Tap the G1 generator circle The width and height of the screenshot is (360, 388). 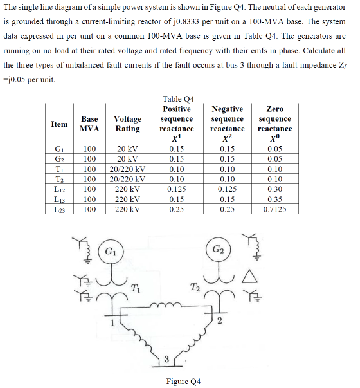(x=111, y=248)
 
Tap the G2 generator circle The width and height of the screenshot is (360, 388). (x=218, y=248)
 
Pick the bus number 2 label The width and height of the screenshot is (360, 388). (x=220, y=321)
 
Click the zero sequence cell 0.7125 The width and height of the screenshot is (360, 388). (x=279, y=209)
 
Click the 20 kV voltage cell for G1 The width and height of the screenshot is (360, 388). (x=128, y=149)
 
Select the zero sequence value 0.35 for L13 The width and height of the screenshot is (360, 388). (x=279, y=199)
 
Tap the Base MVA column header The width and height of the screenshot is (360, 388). (x=89, y=124)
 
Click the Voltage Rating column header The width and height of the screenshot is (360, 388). (x=128, y=124)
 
